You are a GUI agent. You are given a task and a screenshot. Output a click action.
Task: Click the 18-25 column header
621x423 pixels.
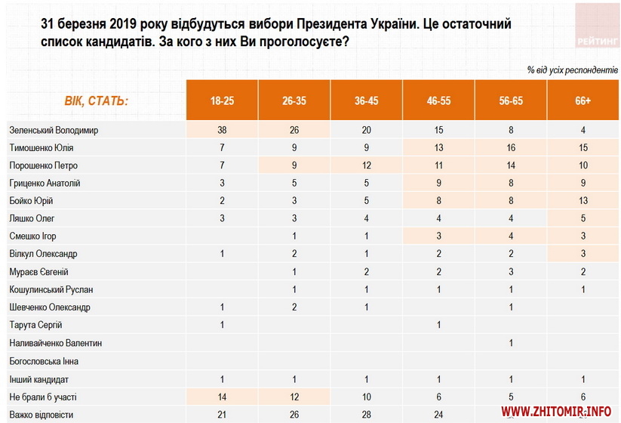coord(222,100)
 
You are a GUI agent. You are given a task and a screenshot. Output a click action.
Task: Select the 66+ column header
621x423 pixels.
coord(583,100)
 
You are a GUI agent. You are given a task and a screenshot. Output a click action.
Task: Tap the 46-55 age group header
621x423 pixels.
coord(438,100)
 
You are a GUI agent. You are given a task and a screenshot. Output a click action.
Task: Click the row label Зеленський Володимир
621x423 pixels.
coord(54,130)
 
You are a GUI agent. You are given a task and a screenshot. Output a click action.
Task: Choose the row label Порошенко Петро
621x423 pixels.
coord(44,165)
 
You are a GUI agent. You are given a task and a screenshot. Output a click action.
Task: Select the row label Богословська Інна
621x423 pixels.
coord(45,361)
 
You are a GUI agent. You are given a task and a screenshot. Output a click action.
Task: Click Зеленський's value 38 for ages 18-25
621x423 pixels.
coord(222,130)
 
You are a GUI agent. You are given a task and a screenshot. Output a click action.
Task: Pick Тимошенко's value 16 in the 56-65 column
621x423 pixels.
coord(511,148)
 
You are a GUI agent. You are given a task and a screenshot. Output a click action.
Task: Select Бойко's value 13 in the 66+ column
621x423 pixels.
coord(583,201)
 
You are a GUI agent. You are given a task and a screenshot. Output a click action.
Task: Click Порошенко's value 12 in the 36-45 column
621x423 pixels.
coord(367,165)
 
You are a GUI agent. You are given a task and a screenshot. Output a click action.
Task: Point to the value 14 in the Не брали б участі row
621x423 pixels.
coord(222,397)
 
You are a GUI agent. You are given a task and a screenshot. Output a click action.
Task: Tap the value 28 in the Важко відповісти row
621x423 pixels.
coord(367,414)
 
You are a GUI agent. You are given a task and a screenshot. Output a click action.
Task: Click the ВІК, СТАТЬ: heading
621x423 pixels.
coord(96,100)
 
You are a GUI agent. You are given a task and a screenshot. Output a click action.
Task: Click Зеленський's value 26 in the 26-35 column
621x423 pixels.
coord(294,130)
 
